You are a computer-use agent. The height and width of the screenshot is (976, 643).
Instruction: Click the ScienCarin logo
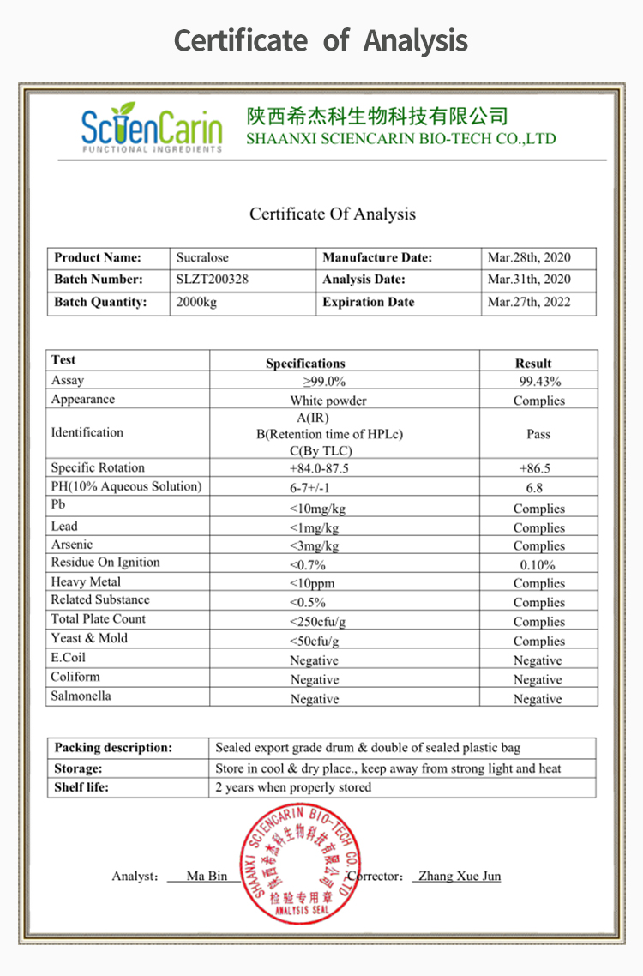[x=152, y=128]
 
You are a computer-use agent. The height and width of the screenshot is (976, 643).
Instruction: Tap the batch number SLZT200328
[x=213, y=280]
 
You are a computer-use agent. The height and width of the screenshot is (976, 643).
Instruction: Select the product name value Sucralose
[x=203, y=257]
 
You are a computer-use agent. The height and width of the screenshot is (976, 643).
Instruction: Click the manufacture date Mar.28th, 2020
[x=529, y=257]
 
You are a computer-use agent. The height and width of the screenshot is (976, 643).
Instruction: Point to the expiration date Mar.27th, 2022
[x=529, y=302]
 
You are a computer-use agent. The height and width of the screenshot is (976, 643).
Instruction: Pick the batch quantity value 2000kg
[x=197, y=302]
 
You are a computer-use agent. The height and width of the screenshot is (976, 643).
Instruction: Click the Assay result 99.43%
[x=539, y=382]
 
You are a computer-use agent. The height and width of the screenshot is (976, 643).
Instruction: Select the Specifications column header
[x=305, y=364]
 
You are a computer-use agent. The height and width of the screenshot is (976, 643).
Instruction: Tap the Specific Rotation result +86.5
[x=535, y=469]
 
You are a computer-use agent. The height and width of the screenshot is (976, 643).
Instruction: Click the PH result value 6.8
[x=534, y=488]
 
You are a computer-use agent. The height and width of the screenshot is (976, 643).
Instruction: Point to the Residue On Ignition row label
[x=105, y=563]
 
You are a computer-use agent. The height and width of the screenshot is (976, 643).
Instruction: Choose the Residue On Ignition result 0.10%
[x=538, y=565]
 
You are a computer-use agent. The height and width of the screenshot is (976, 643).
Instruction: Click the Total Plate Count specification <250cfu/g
[x=315, y=622]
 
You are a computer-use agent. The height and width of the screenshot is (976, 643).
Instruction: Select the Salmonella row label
[x=81, y=696]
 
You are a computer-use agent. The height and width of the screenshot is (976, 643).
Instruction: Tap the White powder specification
[x=328, y=401]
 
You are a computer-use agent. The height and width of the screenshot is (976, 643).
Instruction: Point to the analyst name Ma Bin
[x=207, y=876]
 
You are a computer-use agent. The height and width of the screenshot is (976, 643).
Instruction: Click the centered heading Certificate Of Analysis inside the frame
[x=333, y=214]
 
